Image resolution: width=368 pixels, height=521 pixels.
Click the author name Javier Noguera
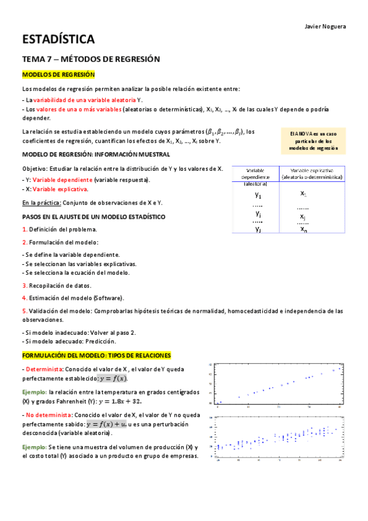click(325, 26)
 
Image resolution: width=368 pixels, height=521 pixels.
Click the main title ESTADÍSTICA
click(58, 40)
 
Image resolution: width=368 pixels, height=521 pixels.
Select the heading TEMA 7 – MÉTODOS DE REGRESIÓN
click(91, 59)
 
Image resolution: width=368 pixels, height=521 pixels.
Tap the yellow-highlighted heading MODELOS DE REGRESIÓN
click(58, 74)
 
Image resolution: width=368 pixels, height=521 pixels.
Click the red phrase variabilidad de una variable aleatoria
click(84, 100)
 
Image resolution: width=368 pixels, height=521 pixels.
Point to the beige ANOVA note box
click(313, 141)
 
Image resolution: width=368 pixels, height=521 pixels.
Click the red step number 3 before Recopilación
click(25, 285)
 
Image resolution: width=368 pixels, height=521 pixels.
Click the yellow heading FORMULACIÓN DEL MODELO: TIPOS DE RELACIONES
click(96, 356)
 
